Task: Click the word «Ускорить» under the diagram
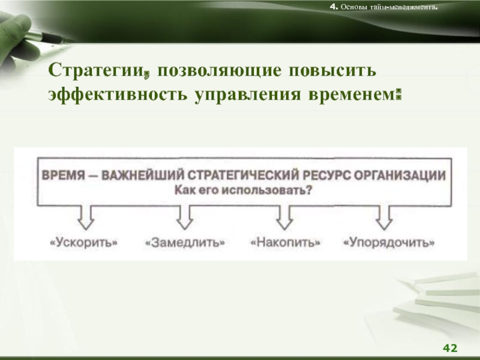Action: (x=83, y=242)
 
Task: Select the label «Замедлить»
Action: (x=185, y=242)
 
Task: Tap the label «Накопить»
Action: (x=286, y=242)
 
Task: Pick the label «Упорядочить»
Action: (x=389, y=243)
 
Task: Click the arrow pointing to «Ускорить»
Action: (x=86, y=217)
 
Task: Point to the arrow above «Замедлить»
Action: (x=185, y=217)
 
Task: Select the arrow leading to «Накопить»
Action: (x=284, y=217)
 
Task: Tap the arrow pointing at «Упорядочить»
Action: (x=384, y=217)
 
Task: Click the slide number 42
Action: (x=450, y=348)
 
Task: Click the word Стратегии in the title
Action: (x=96, y=71)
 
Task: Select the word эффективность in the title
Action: (x=118, y=94)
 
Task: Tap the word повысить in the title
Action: (x=332, y=70)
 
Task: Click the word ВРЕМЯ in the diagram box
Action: (x=64, y=176)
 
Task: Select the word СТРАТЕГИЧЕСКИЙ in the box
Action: (x=243, y=176)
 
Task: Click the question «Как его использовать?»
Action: (x=244, y=190)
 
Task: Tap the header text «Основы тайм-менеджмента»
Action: (x=388, y=7)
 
